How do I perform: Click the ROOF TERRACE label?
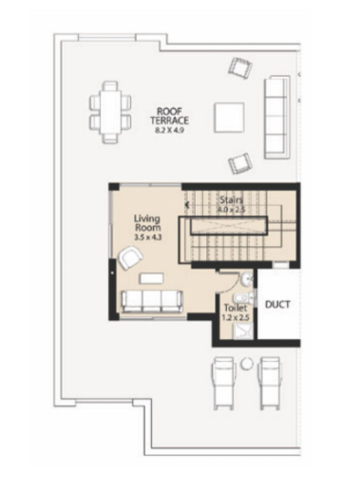(169, 116)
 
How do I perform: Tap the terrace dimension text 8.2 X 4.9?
(169, 130)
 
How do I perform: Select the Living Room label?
(147, 223)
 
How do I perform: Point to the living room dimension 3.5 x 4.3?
(148, 237)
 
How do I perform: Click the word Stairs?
(232, 200)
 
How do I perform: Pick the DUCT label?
(277, 305)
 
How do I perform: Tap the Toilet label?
(236, 308)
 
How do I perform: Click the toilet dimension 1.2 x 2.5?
(235, 318)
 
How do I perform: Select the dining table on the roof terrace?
(110, 112)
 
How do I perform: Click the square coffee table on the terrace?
(229, 118)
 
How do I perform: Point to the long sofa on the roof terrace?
(277, 117)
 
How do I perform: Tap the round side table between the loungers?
(246, 364)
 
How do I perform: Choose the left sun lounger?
(224, 384)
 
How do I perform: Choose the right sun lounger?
(270, 384)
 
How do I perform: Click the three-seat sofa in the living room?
(152, 302)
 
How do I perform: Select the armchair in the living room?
(130, 257)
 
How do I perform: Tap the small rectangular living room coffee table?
(152, 278)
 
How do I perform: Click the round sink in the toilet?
(246, 279)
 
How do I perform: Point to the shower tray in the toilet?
(243, 332)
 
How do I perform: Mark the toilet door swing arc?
(232, 286)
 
